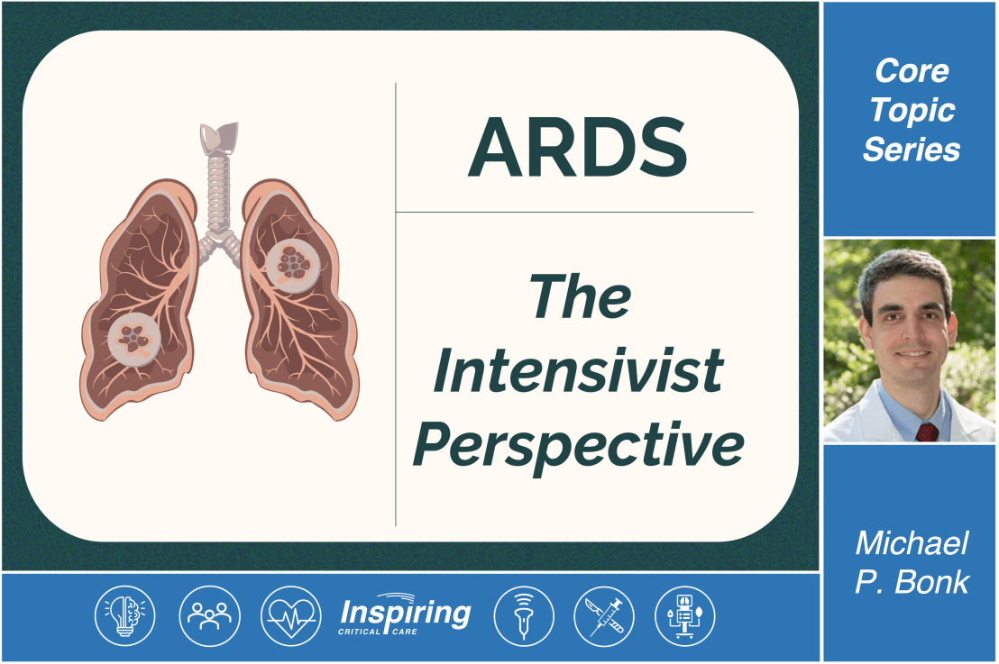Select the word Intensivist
578,369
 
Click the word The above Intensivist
580,296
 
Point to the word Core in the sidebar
912,71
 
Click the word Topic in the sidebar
912,110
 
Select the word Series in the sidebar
912,150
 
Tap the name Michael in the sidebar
912,543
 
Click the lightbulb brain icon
125,616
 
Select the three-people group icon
209,616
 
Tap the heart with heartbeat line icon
290,616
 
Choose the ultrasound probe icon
523,616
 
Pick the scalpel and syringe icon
603,616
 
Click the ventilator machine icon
684,616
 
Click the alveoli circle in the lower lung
134,339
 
